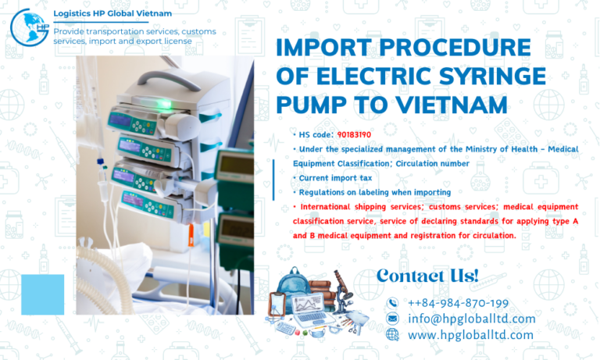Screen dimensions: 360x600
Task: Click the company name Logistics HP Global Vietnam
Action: click(x=112, y=13)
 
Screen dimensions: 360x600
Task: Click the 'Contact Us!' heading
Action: click(x=427, y=275)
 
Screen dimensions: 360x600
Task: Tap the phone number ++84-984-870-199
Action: click(x=458, y=303)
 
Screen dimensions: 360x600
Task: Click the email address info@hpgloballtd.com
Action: click(x=471, y=319)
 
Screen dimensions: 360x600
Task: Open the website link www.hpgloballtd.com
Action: click(x=470, y=334)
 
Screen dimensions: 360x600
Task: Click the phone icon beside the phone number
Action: click(x=392, y=303)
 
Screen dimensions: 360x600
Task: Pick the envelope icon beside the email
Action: click(x=392, y=319)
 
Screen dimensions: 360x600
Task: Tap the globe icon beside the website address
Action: click(x=392, y=334)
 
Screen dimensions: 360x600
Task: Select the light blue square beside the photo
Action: click(x=42, y=294)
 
